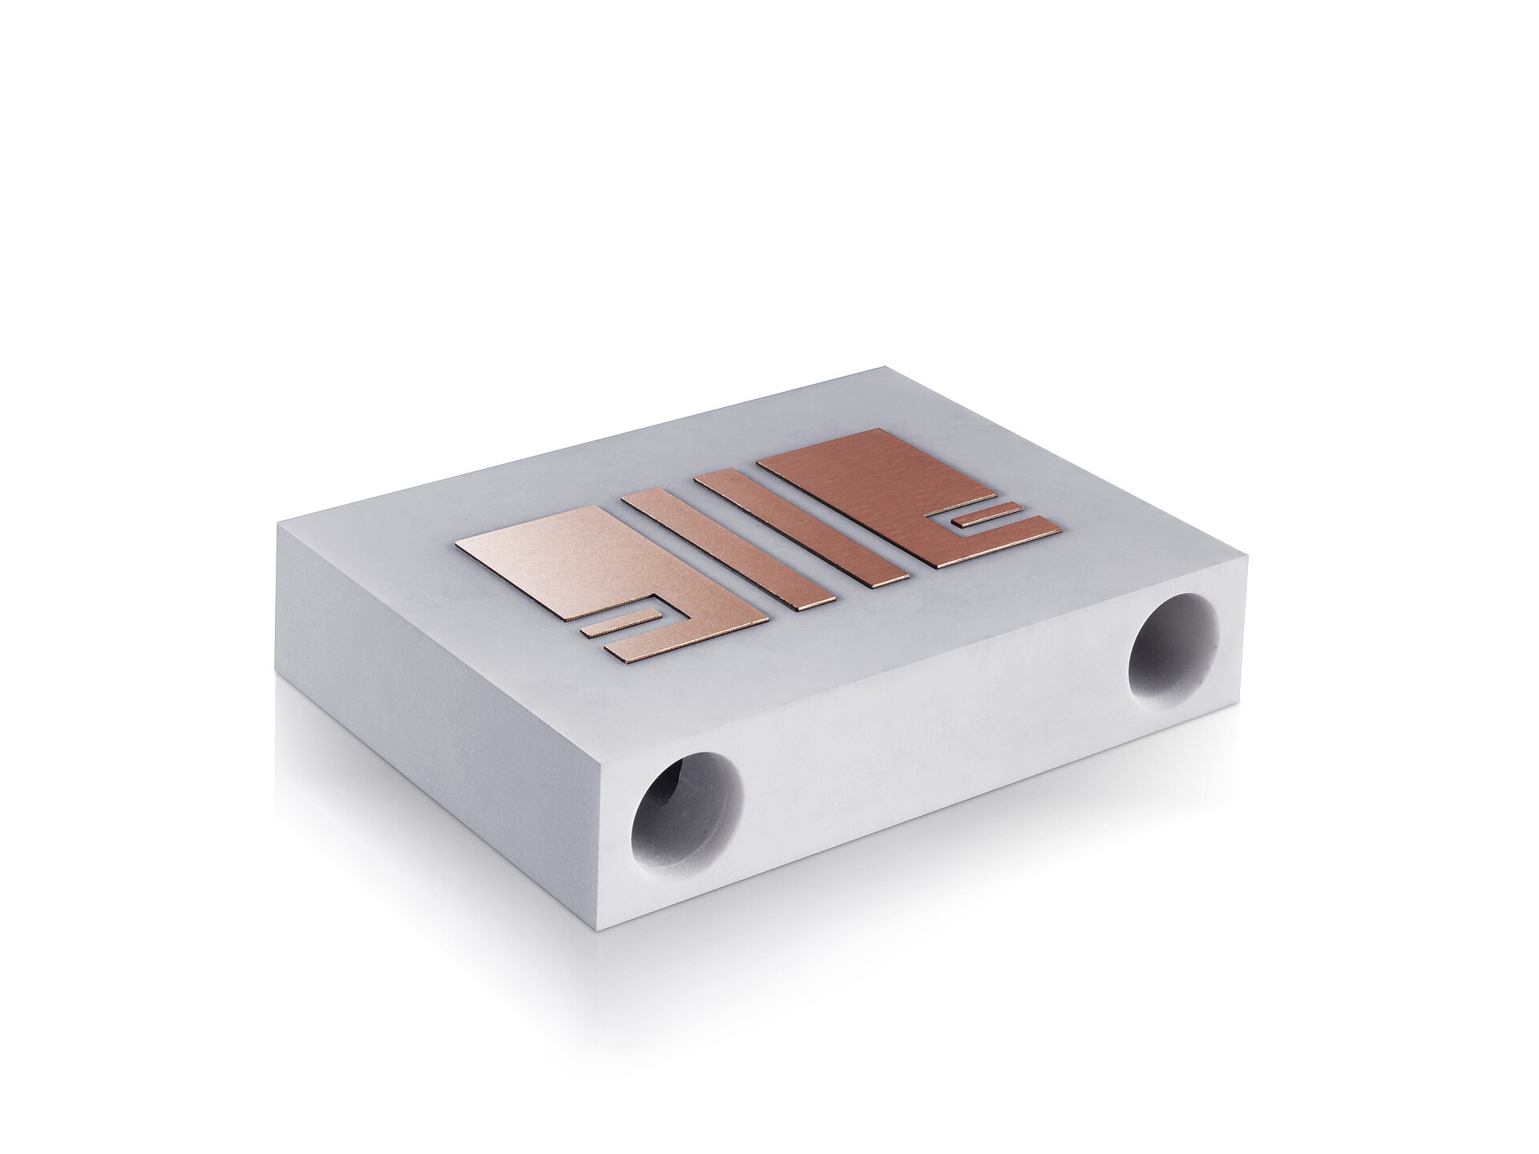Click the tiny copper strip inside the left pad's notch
(x=620, y=624)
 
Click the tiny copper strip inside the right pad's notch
(x=991, y=515)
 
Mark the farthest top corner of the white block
(x=885, y=368)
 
